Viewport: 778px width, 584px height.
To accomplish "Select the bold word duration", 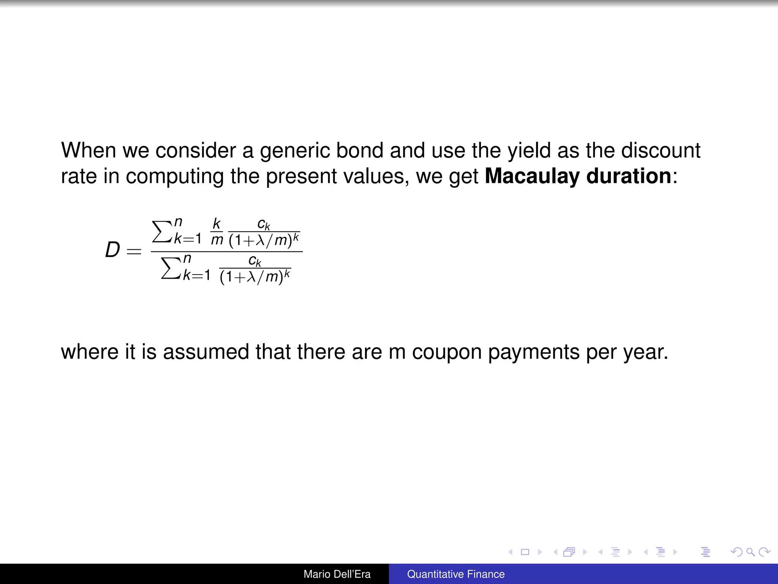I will point(629,176).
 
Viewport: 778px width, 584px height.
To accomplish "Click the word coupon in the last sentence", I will point(447,352).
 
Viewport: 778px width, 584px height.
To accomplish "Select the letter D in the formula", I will point(112,251).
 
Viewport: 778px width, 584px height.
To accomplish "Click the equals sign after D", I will point(134,251).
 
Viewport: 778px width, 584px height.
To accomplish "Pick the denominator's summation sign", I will point(170,268).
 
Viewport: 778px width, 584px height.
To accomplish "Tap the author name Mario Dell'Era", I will point(337,574).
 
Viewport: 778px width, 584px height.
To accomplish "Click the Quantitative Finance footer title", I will point(456,574).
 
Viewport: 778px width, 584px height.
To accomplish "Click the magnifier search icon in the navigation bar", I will point(750,552).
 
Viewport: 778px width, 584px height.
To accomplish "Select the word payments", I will point(533,352).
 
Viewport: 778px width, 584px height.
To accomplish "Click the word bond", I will point(359,151).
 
